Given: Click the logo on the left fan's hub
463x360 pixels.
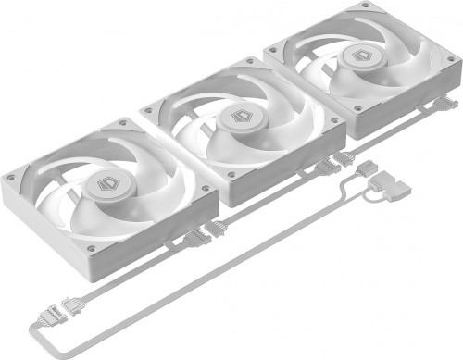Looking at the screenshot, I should (x=103, y=183).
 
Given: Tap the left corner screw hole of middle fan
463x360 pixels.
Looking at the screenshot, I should (x=148, y=112).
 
